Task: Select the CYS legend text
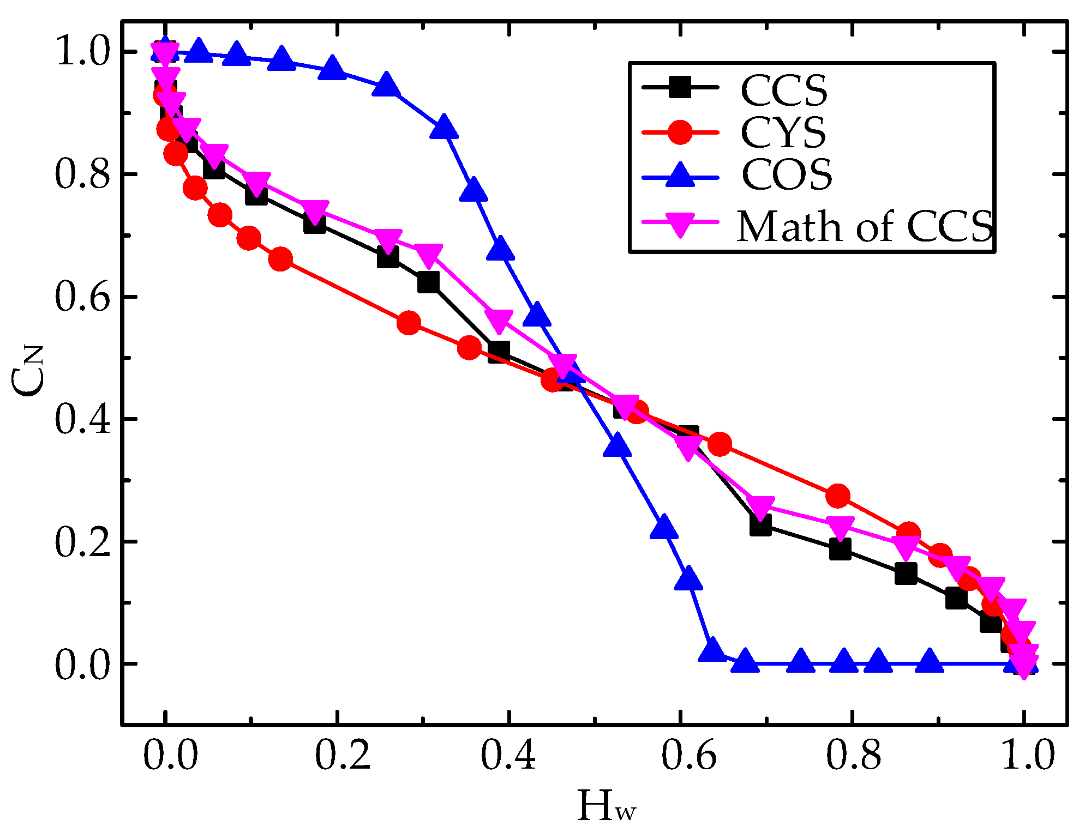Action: point(783,132)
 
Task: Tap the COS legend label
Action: point(786,174)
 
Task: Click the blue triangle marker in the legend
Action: point(680,174)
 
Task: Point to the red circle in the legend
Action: point(680,132)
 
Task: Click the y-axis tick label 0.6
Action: point(82,297)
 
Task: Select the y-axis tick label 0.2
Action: point(82,542)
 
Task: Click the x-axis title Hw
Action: point(606,806)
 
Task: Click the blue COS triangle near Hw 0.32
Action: point(443,128)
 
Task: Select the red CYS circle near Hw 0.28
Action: point(409,323)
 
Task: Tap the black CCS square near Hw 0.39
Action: point(499,352)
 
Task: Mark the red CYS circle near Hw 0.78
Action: point(838,496)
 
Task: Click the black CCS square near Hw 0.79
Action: point(840,550)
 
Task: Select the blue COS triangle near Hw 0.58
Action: point(664,527)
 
